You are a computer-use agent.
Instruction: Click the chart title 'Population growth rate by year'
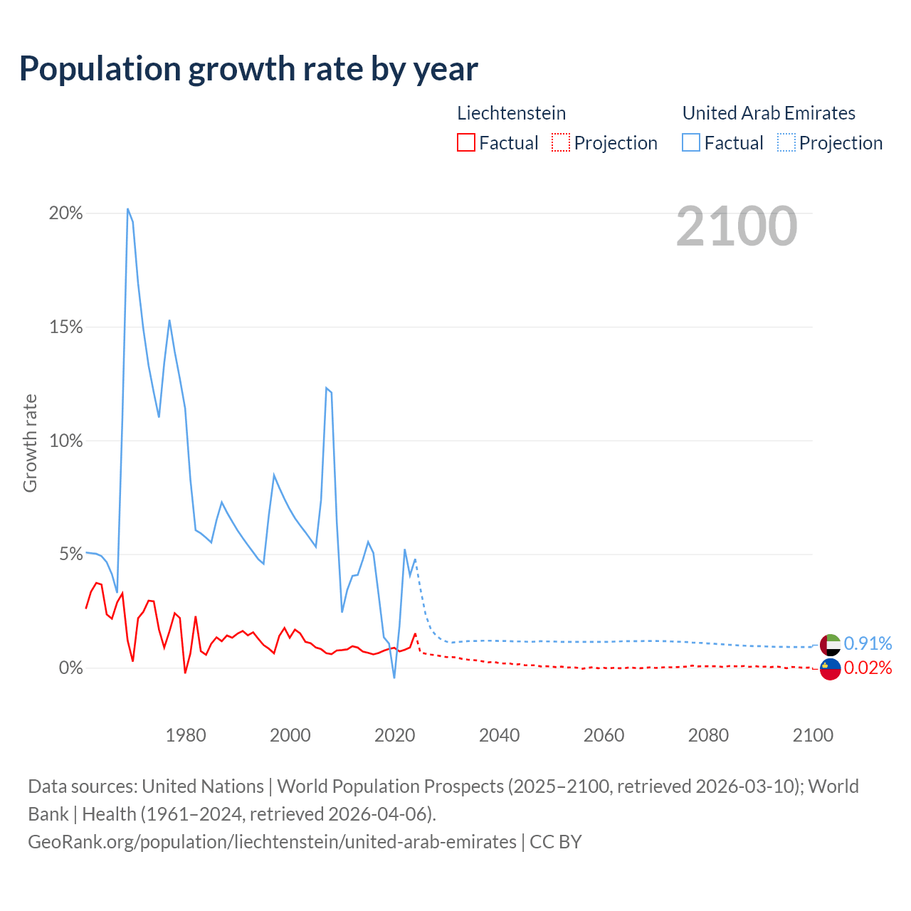(x=248, y=69)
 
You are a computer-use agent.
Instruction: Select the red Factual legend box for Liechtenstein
(x=465, y=142)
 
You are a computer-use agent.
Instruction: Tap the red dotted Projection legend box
(x=561, y=142)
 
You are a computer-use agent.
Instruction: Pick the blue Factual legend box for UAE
(x=690, y=142)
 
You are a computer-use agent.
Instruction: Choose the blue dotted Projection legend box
(x=786, y=142)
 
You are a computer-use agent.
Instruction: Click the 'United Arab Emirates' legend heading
(x=769, y=113)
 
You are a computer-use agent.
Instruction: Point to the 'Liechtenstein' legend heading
(x=511, y=113)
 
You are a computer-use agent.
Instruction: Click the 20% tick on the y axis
(x=65, y=214)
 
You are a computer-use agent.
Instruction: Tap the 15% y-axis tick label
(x=65, y=327)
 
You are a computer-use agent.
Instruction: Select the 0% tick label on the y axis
(x=70, y=668)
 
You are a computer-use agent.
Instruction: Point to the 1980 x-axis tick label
(x=186, y=735)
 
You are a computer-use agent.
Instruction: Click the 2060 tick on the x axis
(x=604, y=735)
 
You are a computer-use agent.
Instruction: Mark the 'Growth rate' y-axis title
(x=30, y=443)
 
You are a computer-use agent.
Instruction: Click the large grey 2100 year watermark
(x=737, y=226)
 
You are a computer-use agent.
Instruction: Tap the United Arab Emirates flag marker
(x=830, y=644)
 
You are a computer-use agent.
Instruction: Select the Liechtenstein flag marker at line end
(x=830, y=669)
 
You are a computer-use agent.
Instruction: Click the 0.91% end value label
(x=868, y=644)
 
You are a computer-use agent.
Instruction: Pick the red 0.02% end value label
(x=868, y=668)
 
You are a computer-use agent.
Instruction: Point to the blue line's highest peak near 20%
(x=127, y=209)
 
